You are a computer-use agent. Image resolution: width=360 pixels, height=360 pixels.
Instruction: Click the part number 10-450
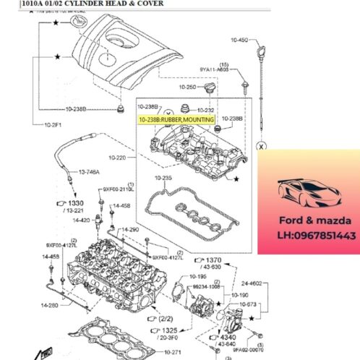239,40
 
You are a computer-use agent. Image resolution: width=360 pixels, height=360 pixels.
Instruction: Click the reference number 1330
77,205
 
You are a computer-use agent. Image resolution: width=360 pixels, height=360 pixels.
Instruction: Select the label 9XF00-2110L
119,190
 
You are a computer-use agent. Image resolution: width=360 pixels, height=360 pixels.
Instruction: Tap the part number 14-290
129,230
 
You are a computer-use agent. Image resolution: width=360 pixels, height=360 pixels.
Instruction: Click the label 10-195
198,275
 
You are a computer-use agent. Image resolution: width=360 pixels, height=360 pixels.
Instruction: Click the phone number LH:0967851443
316,236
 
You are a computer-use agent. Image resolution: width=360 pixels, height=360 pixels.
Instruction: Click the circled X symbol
262,146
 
